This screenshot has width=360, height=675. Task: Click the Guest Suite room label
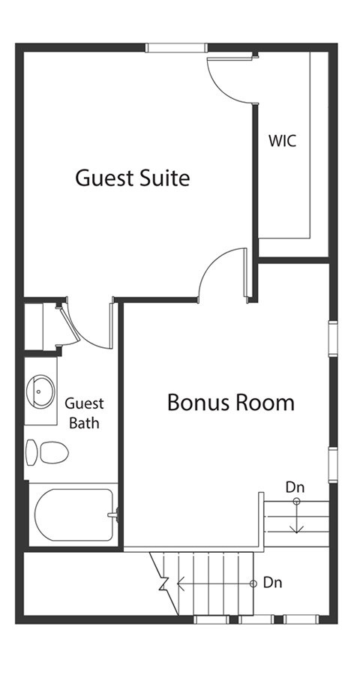click(132, 177)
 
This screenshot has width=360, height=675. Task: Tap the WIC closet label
click(283, 141)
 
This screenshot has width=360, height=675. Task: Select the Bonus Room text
click(231, 402)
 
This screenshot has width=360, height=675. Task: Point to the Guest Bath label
click(84, 413)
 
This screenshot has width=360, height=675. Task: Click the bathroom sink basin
click(40, 391)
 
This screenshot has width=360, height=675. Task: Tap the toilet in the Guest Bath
click(47, 452)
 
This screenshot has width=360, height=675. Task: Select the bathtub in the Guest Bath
click(73, 514)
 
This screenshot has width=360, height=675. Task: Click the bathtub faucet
click(114, 514)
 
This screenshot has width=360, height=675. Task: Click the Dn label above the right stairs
click(295, 487)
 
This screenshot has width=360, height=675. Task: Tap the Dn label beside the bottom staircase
click(272, 583)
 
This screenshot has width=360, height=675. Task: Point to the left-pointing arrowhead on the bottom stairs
click(181, 583)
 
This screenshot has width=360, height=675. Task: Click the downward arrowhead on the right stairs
click(297, 529)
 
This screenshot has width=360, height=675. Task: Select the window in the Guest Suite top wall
click(175, 48)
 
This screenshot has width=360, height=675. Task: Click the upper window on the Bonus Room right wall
click(333, 339)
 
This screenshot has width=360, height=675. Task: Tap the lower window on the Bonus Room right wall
click(333, 465)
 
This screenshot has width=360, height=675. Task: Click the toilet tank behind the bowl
click(31, 452)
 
